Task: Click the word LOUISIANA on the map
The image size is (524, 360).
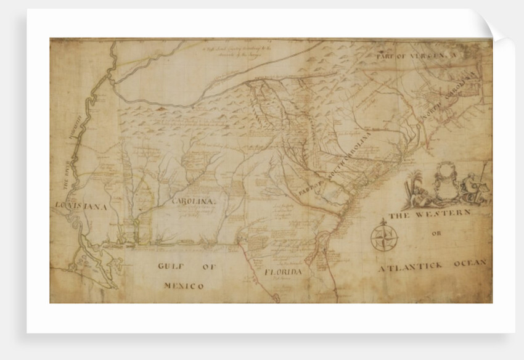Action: (81, 207)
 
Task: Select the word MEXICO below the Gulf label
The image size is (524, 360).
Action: (184, 285)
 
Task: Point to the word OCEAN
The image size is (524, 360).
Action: (470, 263)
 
